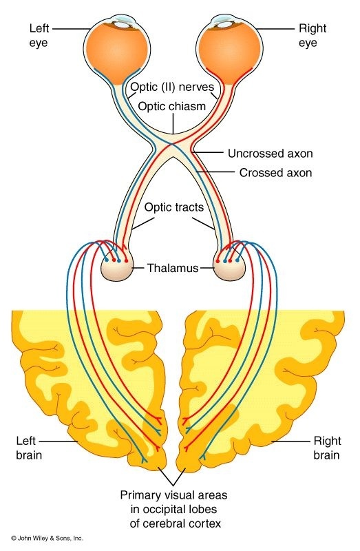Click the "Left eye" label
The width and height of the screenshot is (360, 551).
pyautogui.click(x=38, y=37)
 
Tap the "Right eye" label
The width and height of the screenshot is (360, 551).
pyautogui.click(x=313, y=37)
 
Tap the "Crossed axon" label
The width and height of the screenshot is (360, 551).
pyautogui.click(x=275, y=173)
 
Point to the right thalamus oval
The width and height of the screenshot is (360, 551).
pyautogui.click(x=231, y=268)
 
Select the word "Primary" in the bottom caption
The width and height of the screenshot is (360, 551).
pyautogui.click(x=140, y=495)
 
